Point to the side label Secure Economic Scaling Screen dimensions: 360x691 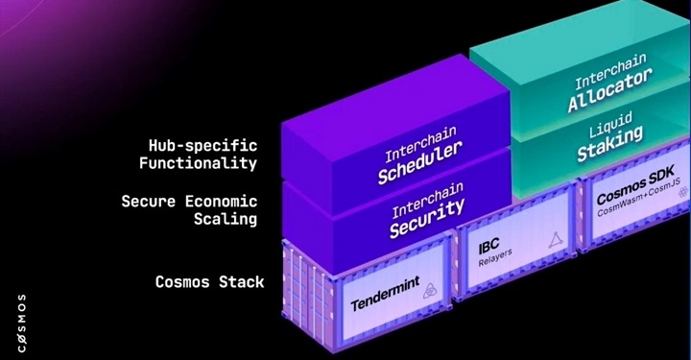click(190, 209)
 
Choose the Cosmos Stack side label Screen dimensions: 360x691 click(209, 282)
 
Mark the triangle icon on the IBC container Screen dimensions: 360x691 click(553, 247)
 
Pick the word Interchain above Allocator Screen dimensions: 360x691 click(610, 83)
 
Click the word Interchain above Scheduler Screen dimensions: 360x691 click(416, 147)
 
